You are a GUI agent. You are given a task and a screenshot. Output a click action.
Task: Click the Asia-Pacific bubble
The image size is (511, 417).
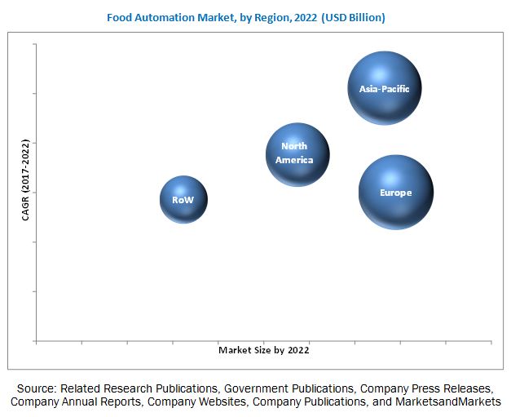pyautogui.click(x=384, y=87)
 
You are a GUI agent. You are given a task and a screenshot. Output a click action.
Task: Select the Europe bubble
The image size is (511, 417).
pyautogui.click(x=396, y=193)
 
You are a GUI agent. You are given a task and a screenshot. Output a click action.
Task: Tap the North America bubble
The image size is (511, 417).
pyautogui.click(x=297, y=153)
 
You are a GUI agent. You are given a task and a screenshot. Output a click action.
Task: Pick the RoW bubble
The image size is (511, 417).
pyautogui.click(x=183, y=199)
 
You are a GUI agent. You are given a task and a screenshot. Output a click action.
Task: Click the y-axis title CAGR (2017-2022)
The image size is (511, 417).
pyautogui.click(x=26, y=180)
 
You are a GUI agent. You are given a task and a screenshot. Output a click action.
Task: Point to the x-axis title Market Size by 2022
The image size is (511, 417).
pyautogui.click(x=263, y=350)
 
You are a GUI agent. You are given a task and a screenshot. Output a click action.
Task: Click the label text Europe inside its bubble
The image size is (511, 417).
pyautogui.click(x=396, y=193)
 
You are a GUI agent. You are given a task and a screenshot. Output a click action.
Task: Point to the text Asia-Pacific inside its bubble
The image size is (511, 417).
pyautogui.click(x=384, y=89)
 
